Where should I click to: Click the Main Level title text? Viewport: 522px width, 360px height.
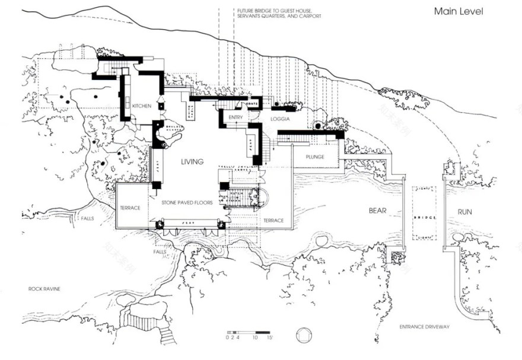459,11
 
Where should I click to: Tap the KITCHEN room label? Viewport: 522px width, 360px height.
141,106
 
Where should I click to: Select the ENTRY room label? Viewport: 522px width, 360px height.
235,117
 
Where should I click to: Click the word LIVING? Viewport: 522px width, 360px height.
192,161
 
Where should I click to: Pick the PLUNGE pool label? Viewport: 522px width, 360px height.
315,157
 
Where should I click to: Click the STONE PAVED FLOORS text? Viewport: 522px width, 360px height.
187,203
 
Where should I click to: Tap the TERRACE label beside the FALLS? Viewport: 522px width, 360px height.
130,208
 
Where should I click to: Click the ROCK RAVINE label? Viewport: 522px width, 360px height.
44,289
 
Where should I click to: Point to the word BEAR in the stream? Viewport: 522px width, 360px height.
378,211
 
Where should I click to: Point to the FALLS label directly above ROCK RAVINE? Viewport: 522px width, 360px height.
160,251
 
